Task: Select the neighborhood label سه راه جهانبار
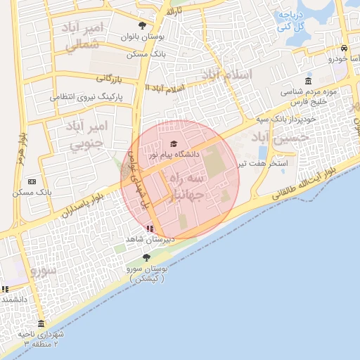(x=184, y=187)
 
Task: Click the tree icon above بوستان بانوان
(x=143, y=25)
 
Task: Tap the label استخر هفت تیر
(x=270, y=163)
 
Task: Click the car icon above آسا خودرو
(x=343, y=49)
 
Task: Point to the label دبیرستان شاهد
(x=150, y=240)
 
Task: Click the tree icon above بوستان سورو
(x=146, y=257)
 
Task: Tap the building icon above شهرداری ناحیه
(x=41, y=324)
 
